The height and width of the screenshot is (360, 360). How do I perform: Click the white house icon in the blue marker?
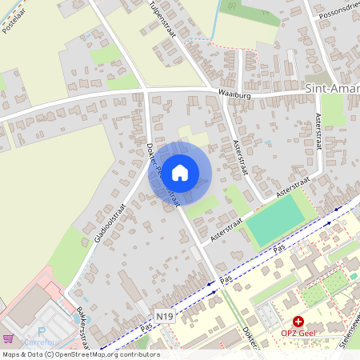tap(180, 173)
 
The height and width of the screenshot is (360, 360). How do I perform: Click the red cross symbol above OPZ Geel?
tap(298, 320)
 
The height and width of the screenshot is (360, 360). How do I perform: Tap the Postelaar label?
tap(15, 18)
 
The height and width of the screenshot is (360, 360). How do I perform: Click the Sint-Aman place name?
tap(332, 86)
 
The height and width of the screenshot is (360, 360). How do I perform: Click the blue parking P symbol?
tap(42, 330)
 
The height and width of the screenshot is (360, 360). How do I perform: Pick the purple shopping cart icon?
tap(9, 338)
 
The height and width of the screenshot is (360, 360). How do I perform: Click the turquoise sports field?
tap(275, 220)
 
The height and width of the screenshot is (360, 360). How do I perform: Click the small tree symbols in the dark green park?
tap(337, 281)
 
